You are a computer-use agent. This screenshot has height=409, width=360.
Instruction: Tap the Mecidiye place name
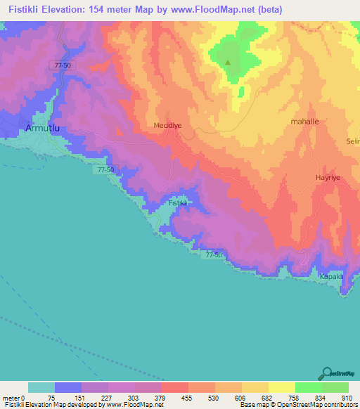(168, 125)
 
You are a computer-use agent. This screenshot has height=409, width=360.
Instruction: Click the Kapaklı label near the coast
(332, 276)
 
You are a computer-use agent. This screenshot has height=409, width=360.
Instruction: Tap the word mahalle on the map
(304, 121)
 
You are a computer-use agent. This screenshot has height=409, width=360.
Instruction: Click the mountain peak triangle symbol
(227, 62)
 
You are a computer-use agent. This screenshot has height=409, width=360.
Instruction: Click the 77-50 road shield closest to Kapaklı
(215, 254)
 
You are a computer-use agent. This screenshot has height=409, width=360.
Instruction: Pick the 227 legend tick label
(108, 398)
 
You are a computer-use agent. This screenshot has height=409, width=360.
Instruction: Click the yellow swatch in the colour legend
(281, 387)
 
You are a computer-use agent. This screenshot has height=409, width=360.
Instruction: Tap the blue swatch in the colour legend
(67, 387)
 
